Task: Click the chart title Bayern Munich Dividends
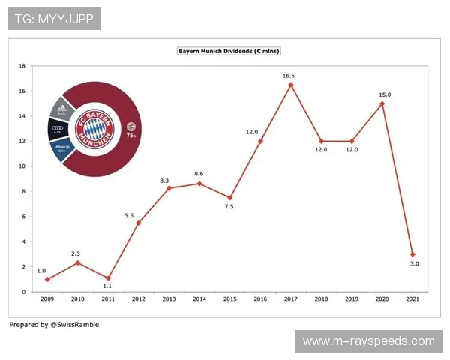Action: (x=228, y=51)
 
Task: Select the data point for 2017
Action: (x=290, y=84)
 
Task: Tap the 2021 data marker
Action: (x=412, y=254)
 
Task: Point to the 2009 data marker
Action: (x=46, y=279)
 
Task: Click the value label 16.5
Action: (x=290, y=75)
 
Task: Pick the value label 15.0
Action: (x=383, y=94)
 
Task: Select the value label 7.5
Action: (x=230, y=207)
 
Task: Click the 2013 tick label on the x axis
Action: (x=169, y=299)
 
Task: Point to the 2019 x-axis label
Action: (x=352, y=299)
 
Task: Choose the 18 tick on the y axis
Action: (x=22, y=67)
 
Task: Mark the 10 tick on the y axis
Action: (x=22, y=166)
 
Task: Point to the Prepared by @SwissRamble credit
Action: (x=54, y=325)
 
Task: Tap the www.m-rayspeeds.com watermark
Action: (x=368, y=341)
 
